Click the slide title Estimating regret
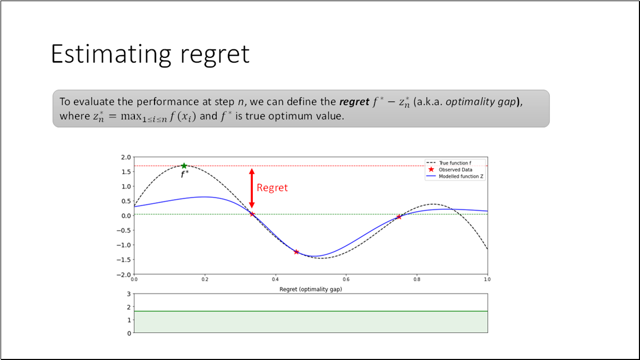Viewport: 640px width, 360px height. click(150, 54)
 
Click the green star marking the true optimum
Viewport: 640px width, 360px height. click(184, 166)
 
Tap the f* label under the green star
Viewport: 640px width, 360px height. click(184, 174)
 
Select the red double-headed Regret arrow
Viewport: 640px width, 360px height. click(252, 188)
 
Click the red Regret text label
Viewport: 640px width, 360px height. click(272, 187)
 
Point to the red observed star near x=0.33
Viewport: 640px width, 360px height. click(252, 215)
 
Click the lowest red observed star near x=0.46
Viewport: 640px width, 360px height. click(296, 252)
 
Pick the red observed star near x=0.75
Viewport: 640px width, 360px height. click(398, 217)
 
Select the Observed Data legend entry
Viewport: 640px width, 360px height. click(455, 170)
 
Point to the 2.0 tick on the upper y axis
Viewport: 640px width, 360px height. click(126, 157)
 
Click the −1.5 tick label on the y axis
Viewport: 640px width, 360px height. click(124, 260)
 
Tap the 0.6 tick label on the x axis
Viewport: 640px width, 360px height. click(346, 279)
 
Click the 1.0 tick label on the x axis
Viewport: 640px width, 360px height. click(487, 279)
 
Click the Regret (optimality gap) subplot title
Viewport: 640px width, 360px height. click(310, 289)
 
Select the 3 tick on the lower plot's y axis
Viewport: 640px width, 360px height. click(129, 294)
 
